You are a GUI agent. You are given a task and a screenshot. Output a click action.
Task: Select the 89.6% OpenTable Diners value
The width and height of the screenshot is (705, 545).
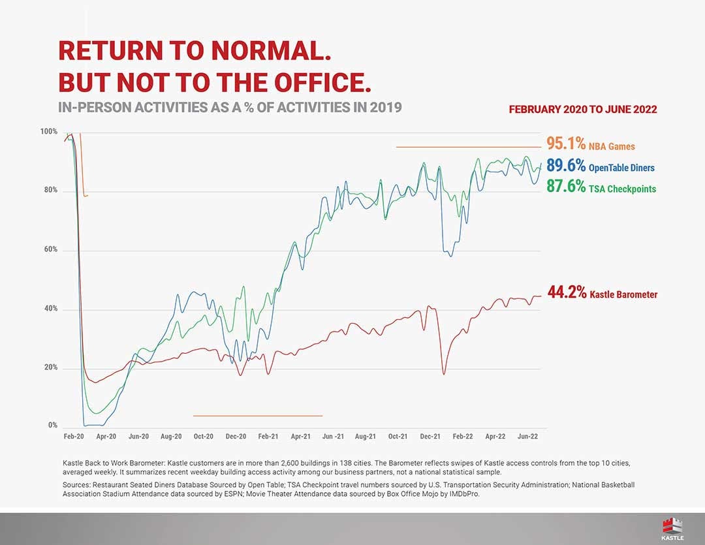click(x=565, y=166)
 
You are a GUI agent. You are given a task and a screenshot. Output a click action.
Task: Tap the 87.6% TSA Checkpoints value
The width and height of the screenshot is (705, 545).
click(x=565, y=187)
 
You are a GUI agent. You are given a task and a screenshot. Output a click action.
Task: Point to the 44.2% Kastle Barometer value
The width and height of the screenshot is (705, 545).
click(x=567, y=293)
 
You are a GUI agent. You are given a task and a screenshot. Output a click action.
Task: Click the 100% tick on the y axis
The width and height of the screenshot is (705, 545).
click(x=49, y=132)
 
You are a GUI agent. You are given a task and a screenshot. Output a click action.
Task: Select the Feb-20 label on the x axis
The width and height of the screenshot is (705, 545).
click(x=73, y=436)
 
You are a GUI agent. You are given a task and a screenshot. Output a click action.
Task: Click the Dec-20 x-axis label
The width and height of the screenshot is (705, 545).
click(x=236, y=436)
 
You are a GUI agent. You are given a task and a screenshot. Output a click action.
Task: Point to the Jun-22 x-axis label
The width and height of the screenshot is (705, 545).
click(x=527, y=436)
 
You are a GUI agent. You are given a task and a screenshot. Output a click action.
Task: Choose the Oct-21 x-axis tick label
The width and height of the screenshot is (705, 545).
click(x=398, y=436)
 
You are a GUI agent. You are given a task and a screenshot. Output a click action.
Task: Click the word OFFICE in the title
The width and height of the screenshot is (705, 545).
click(x=311, y=82)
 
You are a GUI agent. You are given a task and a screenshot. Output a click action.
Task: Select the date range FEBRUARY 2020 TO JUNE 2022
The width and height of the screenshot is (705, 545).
click(x=582, y=110)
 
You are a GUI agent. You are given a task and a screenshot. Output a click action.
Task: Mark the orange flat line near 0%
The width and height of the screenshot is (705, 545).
click(x=258, y=416)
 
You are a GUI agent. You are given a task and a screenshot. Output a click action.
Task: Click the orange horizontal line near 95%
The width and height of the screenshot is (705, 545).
click(x=468, y=147)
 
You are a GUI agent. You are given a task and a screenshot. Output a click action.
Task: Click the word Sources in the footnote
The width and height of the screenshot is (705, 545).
click(x=77, y=486)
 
